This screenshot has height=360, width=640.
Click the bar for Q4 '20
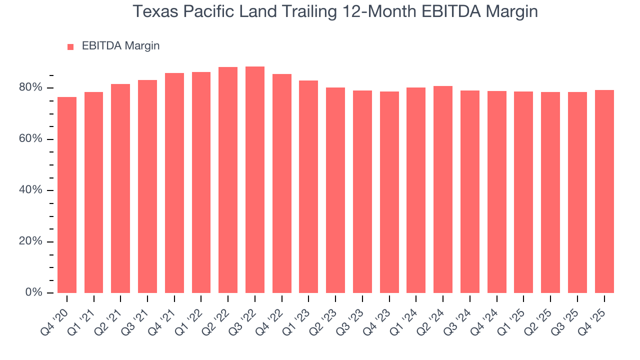point(67,195)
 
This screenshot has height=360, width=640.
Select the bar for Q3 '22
point(255,180)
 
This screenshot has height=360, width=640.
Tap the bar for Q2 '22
point(228,180)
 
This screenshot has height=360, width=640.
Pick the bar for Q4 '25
point(604,191)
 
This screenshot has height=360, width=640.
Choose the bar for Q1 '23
point(308,186)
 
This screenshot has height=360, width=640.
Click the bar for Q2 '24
point(443,189)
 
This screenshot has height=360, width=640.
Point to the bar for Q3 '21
point(147,186)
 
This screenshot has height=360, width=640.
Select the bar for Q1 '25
point(523,192)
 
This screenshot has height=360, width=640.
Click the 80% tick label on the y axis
point(30,88)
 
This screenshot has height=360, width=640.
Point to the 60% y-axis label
point(30,139)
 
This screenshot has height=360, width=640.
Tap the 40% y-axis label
point(30,190)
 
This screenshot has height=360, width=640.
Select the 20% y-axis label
point(30,241)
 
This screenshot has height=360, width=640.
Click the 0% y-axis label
point(33,292)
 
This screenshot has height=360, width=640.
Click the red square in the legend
point(70,46)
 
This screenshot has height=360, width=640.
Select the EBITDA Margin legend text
point(120,46)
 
